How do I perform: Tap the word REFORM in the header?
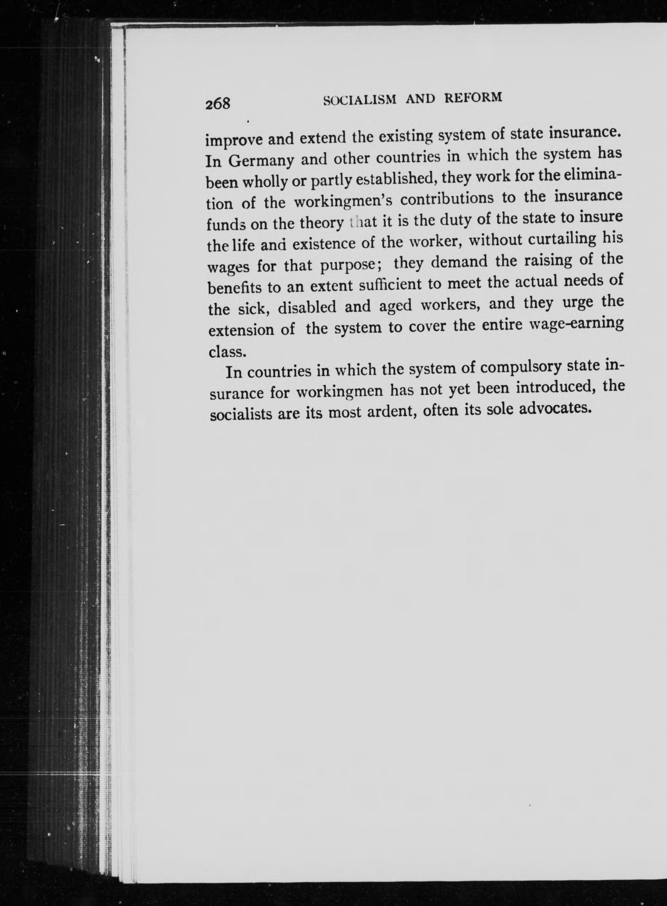pos(473,97)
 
